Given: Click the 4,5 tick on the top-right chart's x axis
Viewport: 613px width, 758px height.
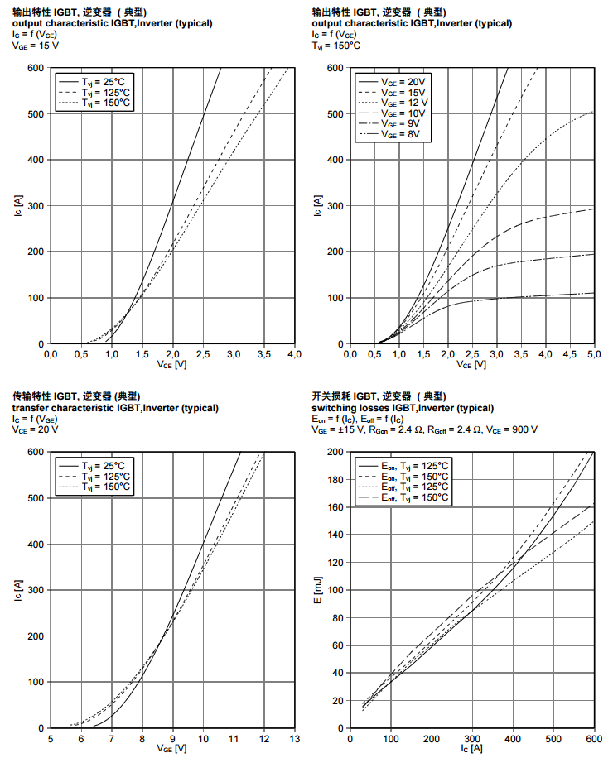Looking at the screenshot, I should tap(570, 354).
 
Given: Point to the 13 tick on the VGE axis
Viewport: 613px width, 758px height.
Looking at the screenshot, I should tap(294, 739).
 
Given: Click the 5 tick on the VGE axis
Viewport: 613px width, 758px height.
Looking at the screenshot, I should tap(51, 739).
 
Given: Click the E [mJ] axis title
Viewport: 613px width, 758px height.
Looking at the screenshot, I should tap(320, 589).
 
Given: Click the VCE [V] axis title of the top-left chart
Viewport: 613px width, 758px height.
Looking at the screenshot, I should tap(171, 364).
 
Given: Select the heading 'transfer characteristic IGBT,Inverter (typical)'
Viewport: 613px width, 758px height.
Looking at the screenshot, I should tap(115, 408).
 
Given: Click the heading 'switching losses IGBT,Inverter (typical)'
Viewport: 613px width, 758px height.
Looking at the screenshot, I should tap(403, 408).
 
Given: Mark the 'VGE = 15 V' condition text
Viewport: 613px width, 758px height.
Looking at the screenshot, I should tap(35, 47).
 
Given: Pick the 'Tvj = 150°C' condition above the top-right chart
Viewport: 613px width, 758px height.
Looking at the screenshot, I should tap(336, 47).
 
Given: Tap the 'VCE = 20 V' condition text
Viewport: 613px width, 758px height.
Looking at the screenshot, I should tap(35, 430).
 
